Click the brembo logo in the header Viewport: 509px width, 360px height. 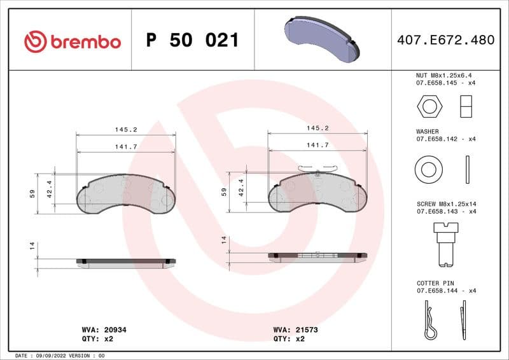[72, 41]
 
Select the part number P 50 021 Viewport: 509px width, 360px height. [192, 41]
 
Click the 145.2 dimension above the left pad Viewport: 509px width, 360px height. [126, 129]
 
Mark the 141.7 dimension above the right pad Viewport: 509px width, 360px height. [317, 145]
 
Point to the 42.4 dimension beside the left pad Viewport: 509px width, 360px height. [49, 189]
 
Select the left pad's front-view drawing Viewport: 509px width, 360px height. [126, 194]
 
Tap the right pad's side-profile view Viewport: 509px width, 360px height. [317, 257]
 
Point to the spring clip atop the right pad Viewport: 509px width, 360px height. [316, 169]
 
